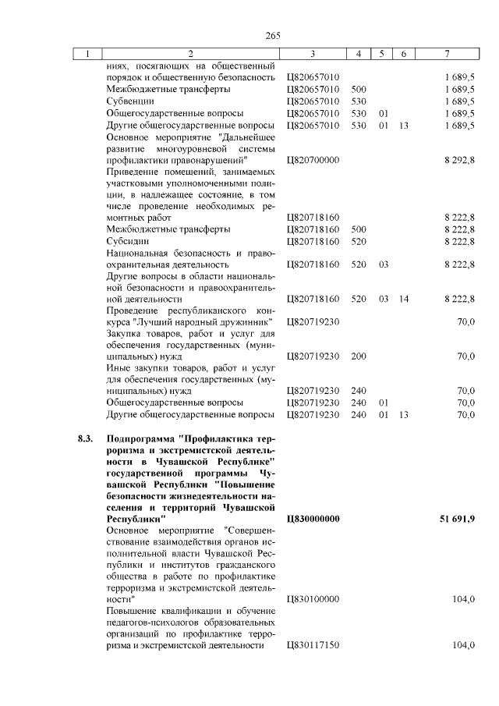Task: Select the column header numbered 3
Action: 312,54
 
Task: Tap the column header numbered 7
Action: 446,54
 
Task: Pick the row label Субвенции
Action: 130,101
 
